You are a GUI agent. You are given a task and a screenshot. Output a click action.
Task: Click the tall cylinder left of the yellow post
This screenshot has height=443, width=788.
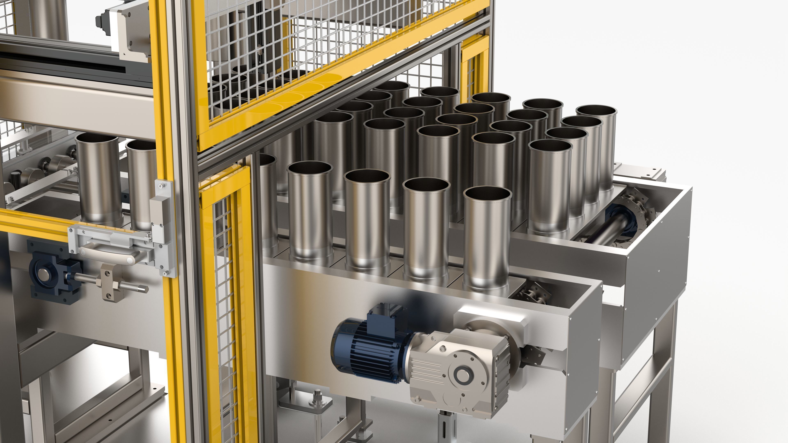click(99, 180)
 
